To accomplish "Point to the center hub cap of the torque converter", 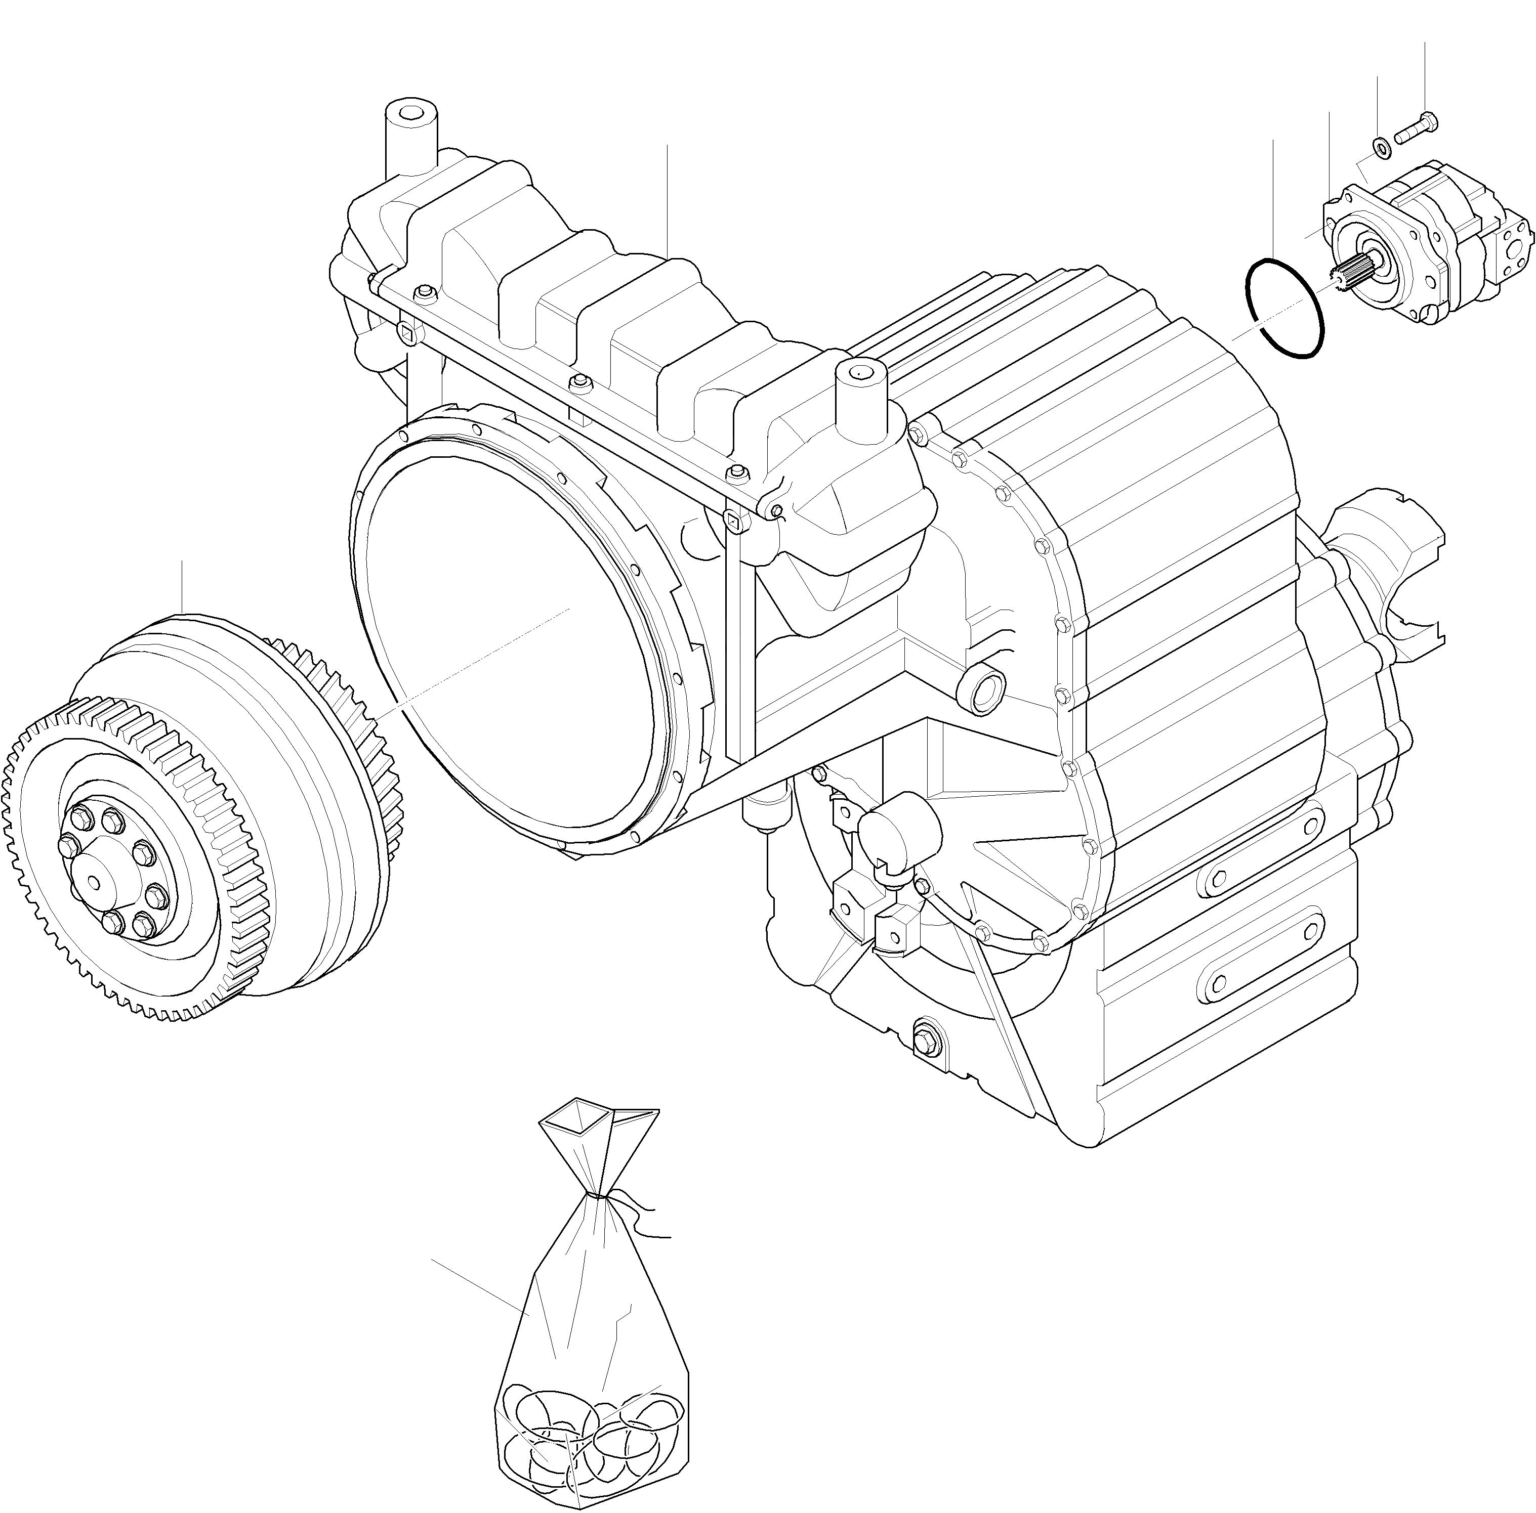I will coord(94,881).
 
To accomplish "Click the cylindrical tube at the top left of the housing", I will coord(410,143).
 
